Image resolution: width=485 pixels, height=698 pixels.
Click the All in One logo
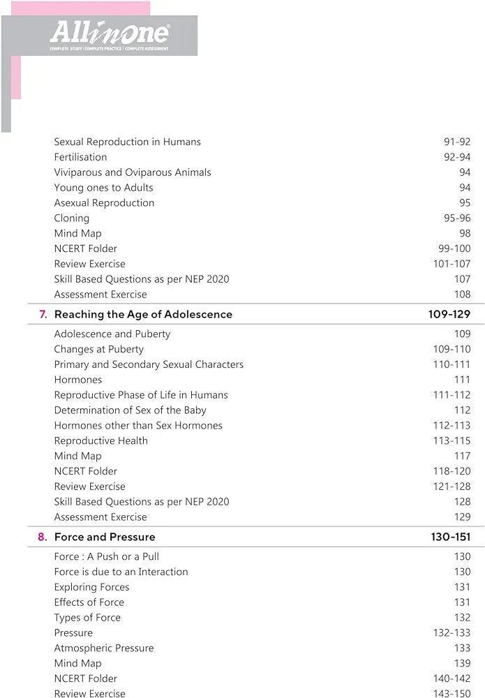click(x=109, y=34)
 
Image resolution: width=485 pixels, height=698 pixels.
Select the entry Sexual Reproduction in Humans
click(x=127, y=142)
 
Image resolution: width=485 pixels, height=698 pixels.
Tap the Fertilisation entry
click(x=80, y=157)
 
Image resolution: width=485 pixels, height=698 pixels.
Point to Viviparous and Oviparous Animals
click(x=132, y=172)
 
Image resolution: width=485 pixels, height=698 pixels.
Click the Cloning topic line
click(x=71, y=218)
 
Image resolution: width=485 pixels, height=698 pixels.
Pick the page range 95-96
click(x=457, y=218)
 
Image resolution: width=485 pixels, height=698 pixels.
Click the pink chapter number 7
click(x=43, y=314)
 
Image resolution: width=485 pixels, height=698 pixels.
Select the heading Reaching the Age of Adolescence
click(x=143, y=314)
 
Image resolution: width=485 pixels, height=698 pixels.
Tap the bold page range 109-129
click(x=449, y=314)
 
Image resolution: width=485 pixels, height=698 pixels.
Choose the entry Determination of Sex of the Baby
click(x=130, y=410)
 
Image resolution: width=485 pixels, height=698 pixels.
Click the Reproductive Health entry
click(x=100, y=440)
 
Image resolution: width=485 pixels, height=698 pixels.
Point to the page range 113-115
click(x=452, y=440)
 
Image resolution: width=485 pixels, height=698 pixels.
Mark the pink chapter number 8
click(x=43, y=537)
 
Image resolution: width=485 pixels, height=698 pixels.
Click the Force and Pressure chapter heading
click(x=105, y=537)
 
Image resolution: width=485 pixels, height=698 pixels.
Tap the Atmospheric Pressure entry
click(x=103, y=648)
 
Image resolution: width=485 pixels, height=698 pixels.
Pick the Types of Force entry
click(x=87, y=618)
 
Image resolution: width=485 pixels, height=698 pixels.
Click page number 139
click(x=462, y=663)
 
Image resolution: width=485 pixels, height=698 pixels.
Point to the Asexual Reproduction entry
click(x=104, y=202)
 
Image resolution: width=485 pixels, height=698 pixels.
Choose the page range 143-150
click(x=452, y=693)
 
